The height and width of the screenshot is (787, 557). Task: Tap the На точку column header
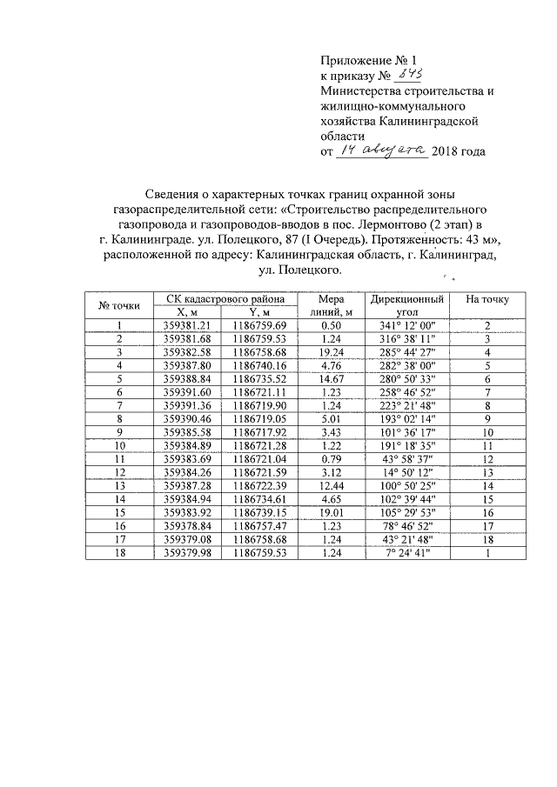[x=487, y=299]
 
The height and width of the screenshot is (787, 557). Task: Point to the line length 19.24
[x=333, y=352]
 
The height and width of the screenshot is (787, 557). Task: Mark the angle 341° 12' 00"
[x=408, y=325]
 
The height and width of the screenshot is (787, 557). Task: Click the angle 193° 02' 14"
[x=408, y=419]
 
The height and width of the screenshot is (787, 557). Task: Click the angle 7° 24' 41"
[x=408, y=553]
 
